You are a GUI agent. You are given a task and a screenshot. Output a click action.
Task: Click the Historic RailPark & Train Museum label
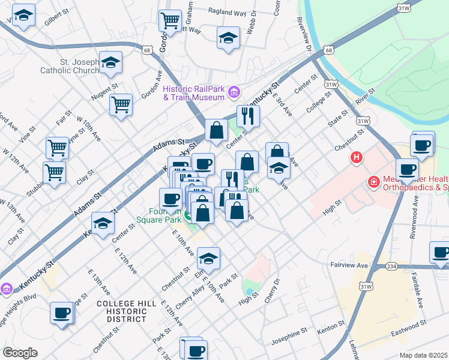pyautogui.click(x=193, y=92)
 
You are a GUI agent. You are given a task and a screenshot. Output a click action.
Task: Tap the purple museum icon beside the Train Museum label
pyautogui.click(x=234, y=92)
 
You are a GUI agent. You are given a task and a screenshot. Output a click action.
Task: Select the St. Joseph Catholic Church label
pyautogui.click(x=70, y=65)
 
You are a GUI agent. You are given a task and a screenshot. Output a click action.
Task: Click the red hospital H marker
pyautogui.click(x=357, y=158)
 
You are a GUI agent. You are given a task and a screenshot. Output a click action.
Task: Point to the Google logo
pyautogui.click(x=20, y=352)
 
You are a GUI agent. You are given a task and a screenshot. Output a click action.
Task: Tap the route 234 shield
pyautogui.click(x=391, y=266)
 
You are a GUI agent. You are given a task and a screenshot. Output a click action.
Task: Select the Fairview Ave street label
pyautogui.click(x=348, y=264)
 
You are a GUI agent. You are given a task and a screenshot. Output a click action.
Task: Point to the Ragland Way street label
pyautogui.click(x=226, y=11)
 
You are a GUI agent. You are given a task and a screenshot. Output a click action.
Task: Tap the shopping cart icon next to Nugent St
pyautogui.click(x=121, y=105)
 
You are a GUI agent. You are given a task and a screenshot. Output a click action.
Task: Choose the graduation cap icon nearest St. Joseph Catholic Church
pyautogui.click(x=110, y=63)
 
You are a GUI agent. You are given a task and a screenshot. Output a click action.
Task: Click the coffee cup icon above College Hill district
pyautogui.click(x=62, y=313)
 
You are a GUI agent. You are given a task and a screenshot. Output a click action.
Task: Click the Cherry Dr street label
pyautogui.click(x=276, y=286)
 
